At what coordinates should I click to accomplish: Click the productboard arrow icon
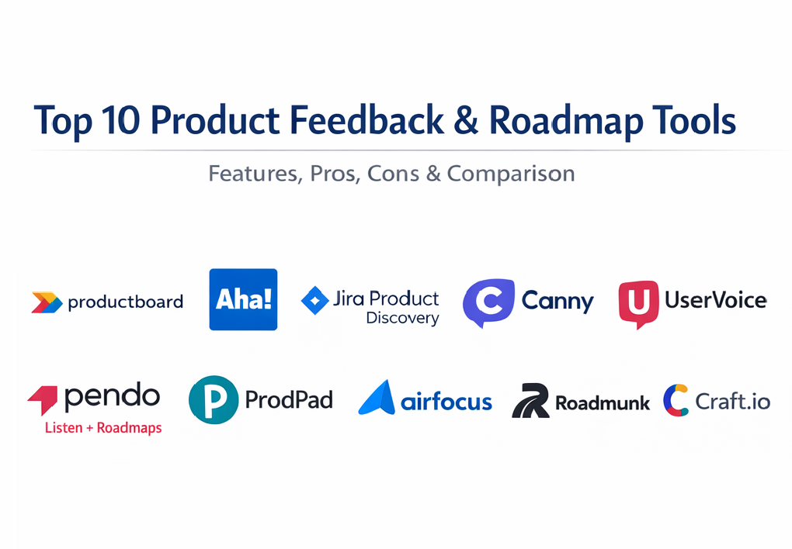(x=47, y=302)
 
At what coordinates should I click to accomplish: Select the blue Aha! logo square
(x=244, y=299)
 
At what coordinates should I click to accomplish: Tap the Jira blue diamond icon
(x=314, y=300)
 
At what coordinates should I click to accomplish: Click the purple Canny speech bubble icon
(x=488, y=302)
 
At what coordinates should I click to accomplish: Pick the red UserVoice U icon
(x=638, y=304)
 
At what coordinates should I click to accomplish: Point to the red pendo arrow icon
(x=43, y=399)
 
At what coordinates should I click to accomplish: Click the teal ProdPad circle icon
(x=214, y=399)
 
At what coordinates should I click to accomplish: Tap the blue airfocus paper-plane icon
(x=377, y=398)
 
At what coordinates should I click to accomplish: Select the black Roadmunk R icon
(x=530, y=401)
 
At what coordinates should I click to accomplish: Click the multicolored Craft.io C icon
(x=676, y=400)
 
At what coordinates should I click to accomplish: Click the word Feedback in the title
(x=366, y=120)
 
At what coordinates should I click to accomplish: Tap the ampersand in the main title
(x=466, y=120)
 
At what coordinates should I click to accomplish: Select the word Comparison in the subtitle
(x=511, y=174)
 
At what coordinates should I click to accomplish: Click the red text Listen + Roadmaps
(x=103, y=428)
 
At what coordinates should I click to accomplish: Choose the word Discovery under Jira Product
(x=402, y=319)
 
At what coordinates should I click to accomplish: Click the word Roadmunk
(x=603, y=402)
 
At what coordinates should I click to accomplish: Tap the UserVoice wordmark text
(x=716, y=300)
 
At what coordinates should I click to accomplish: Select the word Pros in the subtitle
(x=335, y=174)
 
